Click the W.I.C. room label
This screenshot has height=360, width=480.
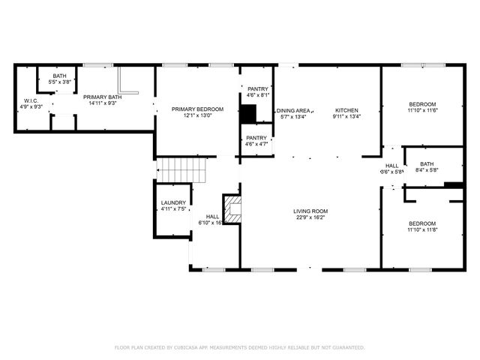[x=31, y=100]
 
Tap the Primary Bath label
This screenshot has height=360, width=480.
[x=103, y=97]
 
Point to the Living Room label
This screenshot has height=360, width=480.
[x=310, y=211]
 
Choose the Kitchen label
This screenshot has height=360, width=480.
[x=346, y=110]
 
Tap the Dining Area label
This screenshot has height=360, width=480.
[x=294, y=110]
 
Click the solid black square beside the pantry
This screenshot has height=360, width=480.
[x=247, y=113]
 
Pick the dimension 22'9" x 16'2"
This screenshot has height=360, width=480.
[x=310, y=218]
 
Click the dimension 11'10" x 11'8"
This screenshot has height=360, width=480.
[x=421, y=230]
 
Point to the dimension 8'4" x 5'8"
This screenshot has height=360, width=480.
[x=427, y=170]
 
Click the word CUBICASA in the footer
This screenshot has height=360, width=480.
[x=190, y=348]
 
